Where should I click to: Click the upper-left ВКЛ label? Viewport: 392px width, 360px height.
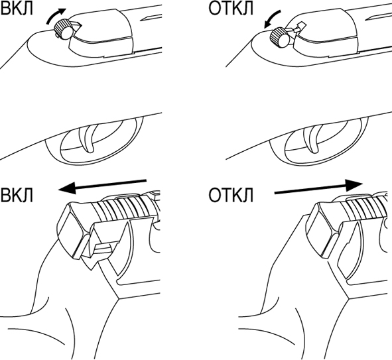click(17, 9)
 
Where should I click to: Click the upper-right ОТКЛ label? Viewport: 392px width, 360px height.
click(231, 9)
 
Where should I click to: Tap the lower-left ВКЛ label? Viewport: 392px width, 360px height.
click(17, 195)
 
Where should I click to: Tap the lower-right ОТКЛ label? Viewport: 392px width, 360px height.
click(231, 195)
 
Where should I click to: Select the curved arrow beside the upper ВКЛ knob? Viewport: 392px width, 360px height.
click(54, 15)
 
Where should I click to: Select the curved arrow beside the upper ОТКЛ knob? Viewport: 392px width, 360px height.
click(272, 17)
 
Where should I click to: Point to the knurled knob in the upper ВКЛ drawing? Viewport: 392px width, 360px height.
click(64, 29)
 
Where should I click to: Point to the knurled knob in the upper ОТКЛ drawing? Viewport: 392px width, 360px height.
click(280, 38)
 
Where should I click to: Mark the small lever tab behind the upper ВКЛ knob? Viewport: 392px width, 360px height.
click(77, 26)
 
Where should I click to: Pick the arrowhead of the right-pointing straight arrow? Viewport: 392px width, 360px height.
click(354, 185)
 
